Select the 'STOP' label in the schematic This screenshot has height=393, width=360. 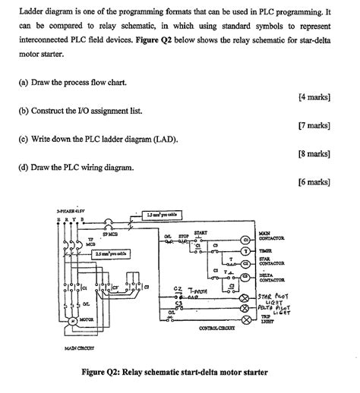(182, 237)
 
